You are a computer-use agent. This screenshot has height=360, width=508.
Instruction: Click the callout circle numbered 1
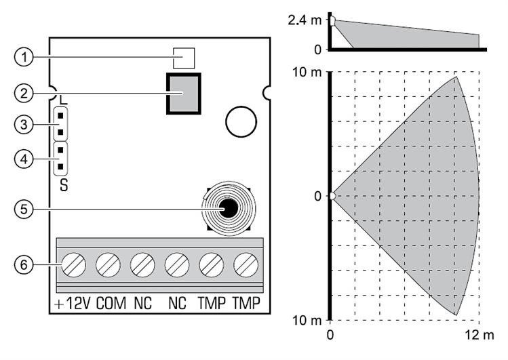pyautogui.click(x=24, y=58)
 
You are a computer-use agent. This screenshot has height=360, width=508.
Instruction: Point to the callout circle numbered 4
pyautogui.click(x=24, y=159)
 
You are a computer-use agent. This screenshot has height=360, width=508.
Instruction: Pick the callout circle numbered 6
pyautogui.click(x=24, y=264)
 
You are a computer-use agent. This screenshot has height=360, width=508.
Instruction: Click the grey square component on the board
pyautogui.click(x=183, y=94)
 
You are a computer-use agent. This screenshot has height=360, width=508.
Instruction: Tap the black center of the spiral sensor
pyautogui.click(x=230, y=208)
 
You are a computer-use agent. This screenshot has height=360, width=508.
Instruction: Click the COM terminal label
pyautogui.click(x=111, y=303)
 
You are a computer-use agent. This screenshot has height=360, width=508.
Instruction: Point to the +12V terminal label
pyautogui.click(x=71, y=303)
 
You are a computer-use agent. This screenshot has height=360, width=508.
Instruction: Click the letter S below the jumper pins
pyautogui.click(x=63, y=183)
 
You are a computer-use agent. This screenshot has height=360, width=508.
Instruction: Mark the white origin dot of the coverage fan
pyautogui.click(x=332, y=197)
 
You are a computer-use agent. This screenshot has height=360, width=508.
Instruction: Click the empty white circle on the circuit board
pyautogui.click(x=241, y=122)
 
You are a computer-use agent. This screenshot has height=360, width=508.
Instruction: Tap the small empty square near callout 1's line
pyautogui.click(x=180, y=58)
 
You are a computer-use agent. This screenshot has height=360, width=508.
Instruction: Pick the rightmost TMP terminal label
pyautogui.click(x=246, y=303)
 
